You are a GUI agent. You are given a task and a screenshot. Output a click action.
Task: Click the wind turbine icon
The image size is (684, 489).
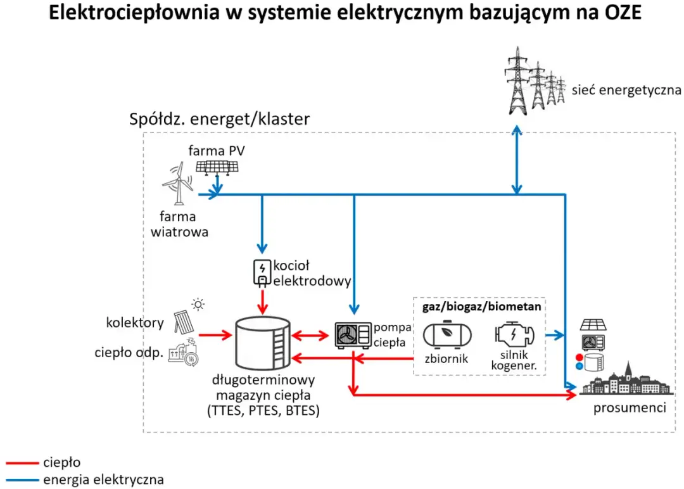click(x=177, y=183)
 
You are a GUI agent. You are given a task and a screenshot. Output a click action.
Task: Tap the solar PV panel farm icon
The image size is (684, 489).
click(x=217, y=167)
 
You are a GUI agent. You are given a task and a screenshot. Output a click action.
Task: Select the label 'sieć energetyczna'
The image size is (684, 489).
click(x=626, y=90)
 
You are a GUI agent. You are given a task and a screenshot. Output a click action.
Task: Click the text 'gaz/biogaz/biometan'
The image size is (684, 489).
click(x=481, y=307)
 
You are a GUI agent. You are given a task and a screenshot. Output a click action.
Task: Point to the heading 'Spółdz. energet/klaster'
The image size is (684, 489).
click(x=219, y=119)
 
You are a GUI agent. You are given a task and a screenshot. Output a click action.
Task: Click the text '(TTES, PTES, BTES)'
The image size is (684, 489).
click(x=263, y=410)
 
